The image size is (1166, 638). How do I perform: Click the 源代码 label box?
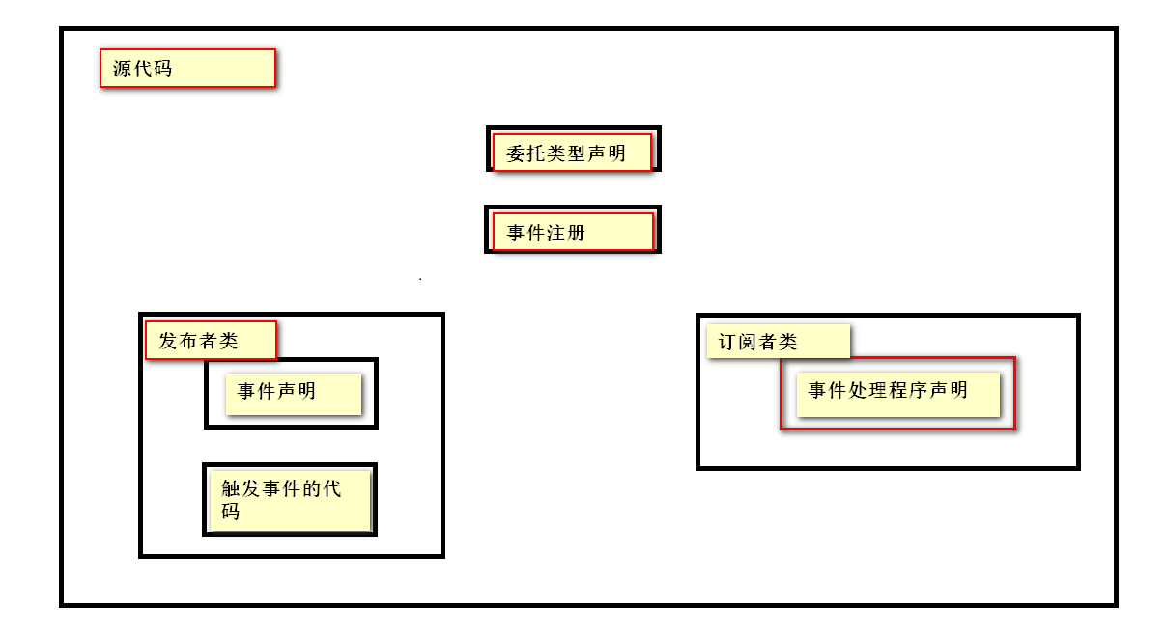pyautogui.click(x=187, y=69)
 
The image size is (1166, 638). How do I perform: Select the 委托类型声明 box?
pyautogui.click(x=573, y=153)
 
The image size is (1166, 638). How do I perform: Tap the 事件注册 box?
pyautogui.click(x=573, y=233)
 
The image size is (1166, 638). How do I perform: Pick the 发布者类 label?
pyautogui.click(x=211, y=341)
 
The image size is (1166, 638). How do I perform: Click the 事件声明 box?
pyautogui.click(x=293, y=393)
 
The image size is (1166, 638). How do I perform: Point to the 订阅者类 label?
pyautogui.click(x=778, y=342)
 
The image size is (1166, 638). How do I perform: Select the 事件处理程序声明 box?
pyautogui.click(x=897, y=393)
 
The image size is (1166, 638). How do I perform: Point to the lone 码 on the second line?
pyautogui.click(x=230, y=512)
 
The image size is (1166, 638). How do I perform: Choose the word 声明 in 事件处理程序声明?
pyautogui.click(x=948, y=390)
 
